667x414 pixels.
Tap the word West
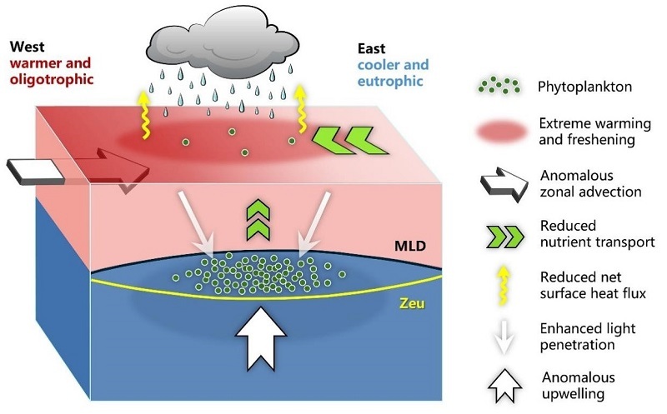(x=27, y=46)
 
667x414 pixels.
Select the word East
(x=371, y=48)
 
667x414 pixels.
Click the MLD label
(x=410, y=246)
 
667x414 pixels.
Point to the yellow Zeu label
(x=412, y=303)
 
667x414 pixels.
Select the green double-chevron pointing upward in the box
(x=258, y=219)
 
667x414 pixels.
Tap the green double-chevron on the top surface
(x=349, y=141)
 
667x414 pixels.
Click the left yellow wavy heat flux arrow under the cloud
(x=145, y=115)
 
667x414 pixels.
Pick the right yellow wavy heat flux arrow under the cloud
(x=301, y=109)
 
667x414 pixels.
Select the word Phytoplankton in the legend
(x=584, y=87)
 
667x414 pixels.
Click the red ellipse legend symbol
(x=502, y=132)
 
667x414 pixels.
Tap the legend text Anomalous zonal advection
(x=590, y=183)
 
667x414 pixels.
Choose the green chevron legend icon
(x=505, y=237)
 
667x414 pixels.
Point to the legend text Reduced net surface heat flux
(x=593, y=285)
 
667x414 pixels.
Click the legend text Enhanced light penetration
(x=588, y=337)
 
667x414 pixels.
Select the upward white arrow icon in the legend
(x=505, y=386)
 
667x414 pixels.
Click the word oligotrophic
(x=52, y=79)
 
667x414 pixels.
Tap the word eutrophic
(x=390, y=81)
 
